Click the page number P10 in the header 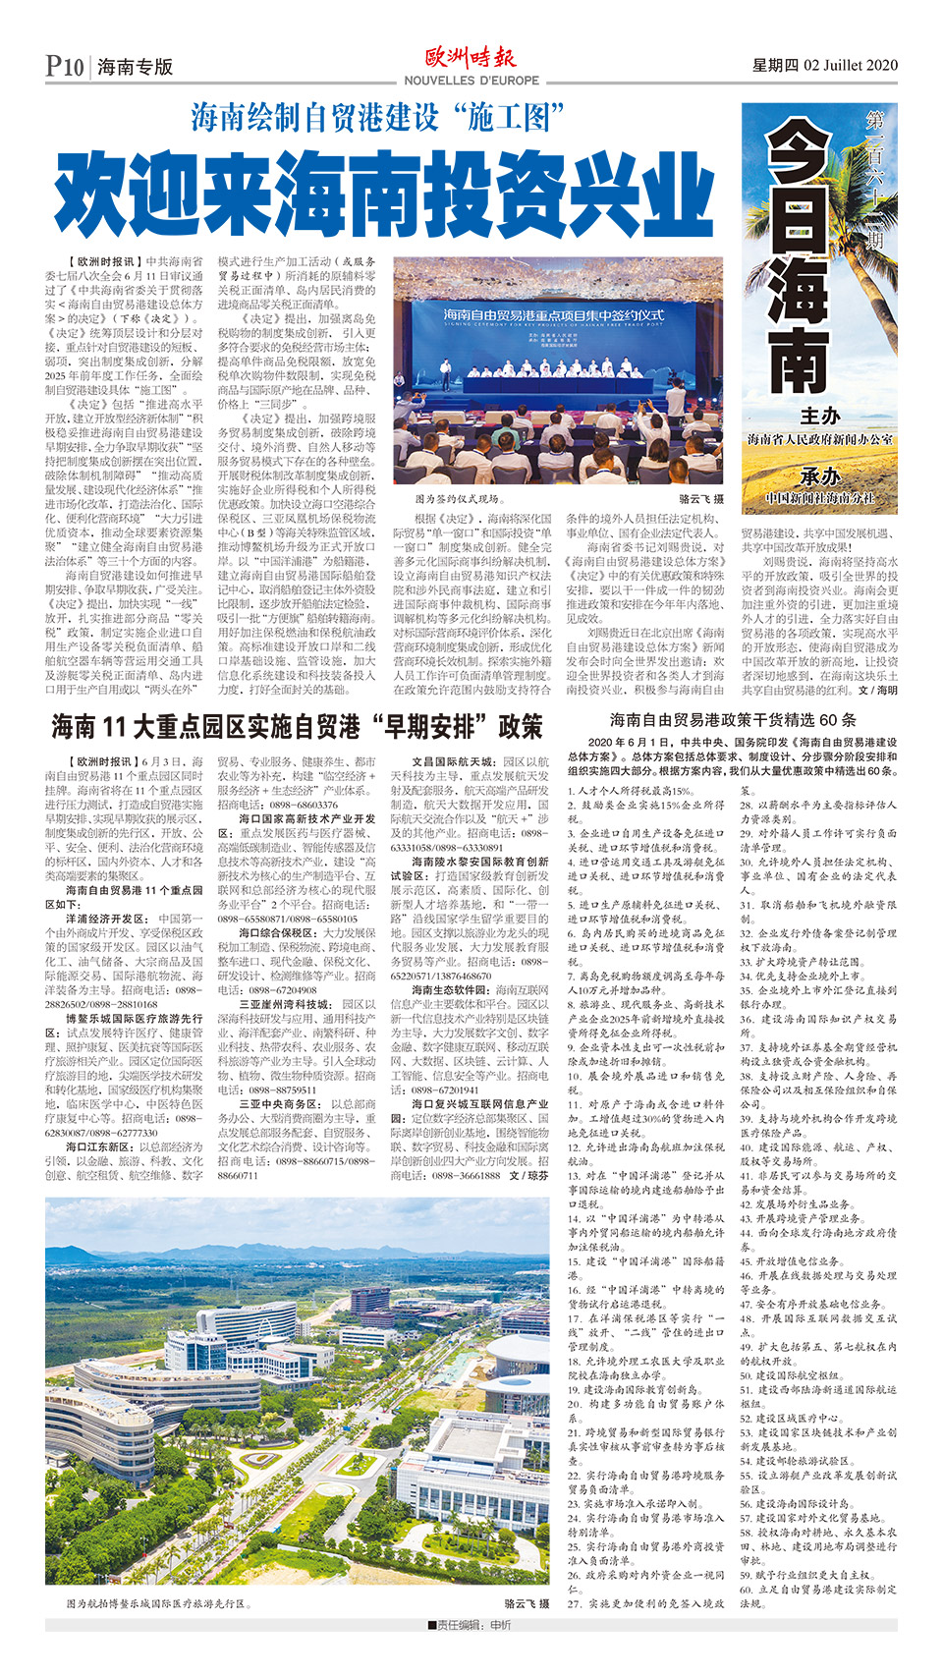[65, 66]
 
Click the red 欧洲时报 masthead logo [471, 57]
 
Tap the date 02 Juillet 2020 [850, 65]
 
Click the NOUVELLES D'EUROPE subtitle [471, 81]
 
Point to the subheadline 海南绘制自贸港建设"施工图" [378, 118]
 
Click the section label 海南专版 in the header [136, 67]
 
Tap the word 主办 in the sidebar [819, 417]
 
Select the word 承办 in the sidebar [819, 476]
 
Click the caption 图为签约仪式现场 [458, 500]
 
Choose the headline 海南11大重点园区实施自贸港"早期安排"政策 [297, 727]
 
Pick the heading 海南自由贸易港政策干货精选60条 [733, 719]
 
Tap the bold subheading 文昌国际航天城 [454, 761]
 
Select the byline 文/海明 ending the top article [877, 691]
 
